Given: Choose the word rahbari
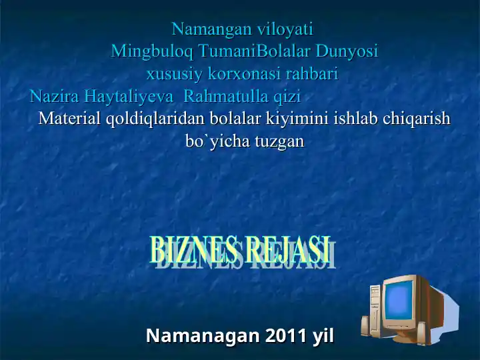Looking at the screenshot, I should click(313, 73).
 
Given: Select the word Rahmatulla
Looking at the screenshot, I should click(223, 96).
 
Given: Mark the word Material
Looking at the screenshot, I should click(70, 119).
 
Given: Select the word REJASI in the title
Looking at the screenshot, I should click(287, 250).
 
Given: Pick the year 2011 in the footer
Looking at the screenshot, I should click(287, 335).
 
